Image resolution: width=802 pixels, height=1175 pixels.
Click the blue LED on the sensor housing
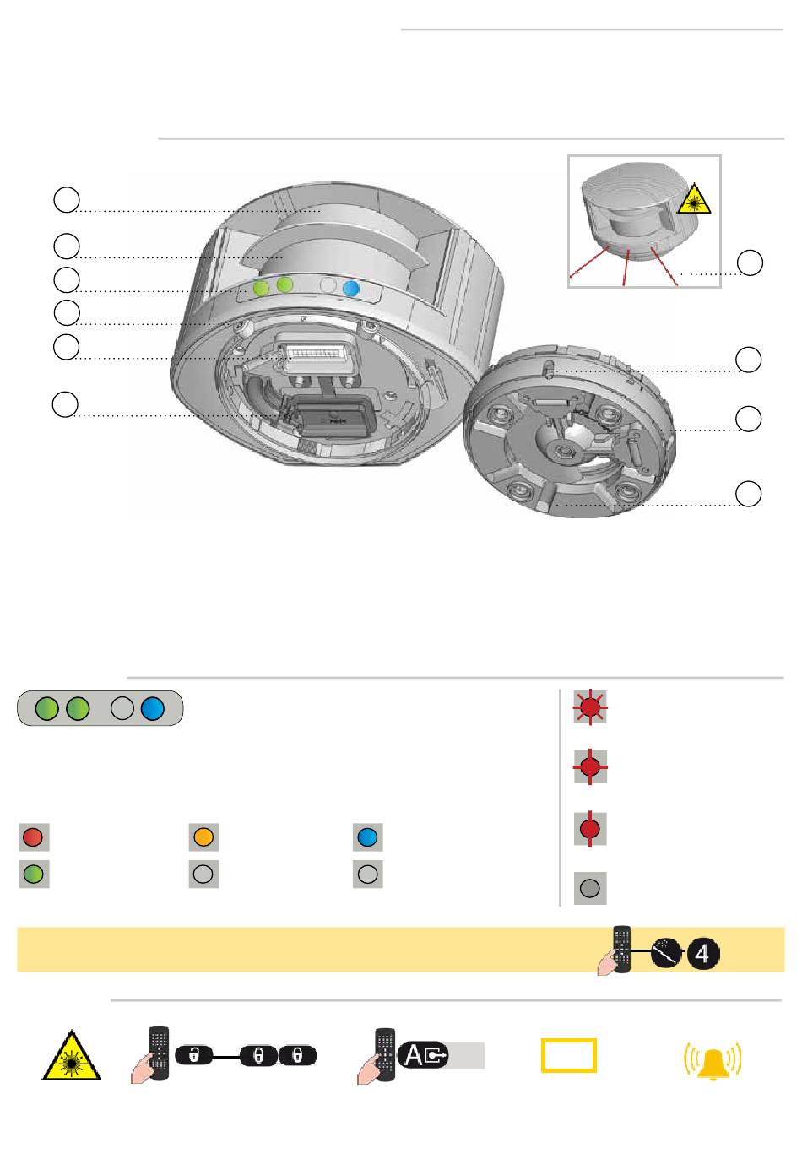pos(351,289)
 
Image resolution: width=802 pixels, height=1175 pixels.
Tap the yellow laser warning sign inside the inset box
pos(693,199)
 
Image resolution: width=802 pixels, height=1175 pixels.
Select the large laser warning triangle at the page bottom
pos(71,1056)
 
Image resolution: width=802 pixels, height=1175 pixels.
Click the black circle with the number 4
pos(703,953)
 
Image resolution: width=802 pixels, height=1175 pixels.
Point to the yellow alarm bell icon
pos(713,1060)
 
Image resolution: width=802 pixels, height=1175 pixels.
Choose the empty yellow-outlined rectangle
pos(569,1055)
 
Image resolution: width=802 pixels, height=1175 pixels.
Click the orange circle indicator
pos(203,837)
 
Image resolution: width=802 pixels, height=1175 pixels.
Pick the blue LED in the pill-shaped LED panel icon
pos(153,708)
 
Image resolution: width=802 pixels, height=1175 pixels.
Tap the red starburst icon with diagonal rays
pos(590,707)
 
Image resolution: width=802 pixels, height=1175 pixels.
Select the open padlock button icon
pos(193,1055)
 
